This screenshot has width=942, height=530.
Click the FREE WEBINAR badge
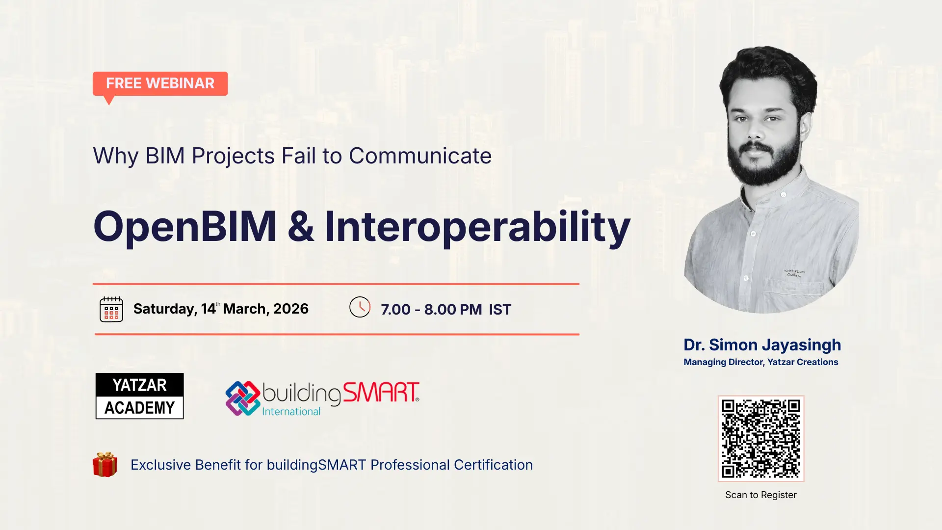(x=160, y=84)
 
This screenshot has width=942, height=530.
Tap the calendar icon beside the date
(x=111, y=309)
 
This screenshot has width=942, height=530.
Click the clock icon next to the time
(x=360, y=307)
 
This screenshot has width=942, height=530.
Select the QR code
(x=761, y=438)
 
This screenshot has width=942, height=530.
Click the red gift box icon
(x=105, y=464)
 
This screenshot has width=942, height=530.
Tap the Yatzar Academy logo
(x=140, y=396)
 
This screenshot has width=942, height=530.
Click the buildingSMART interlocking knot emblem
(x=243, y=398)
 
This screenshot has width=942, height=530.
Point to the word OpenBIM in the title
(x=185, y=226)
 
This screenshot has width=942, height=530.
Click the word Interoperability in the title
(x=477, y=227)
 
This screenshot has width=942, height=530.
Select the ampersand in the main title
(x=301, y=226)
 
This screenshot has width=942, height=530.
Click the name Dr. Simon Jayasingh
(x=762, y=345)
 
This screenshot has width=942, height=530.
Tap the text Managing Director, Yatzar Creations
(x=761, y=362)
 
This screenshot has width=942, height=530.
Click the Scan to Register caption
(x=761, y=495)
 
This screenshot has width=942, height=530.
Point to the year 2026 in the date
(x=291, y=309)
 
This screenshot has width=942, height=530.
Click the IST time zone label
(x=500, y=310)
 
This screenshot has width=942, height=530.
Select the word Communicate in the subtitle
(x=420, y=156)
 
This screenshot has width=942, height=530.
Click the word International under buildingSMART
(x=291, y=411)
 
